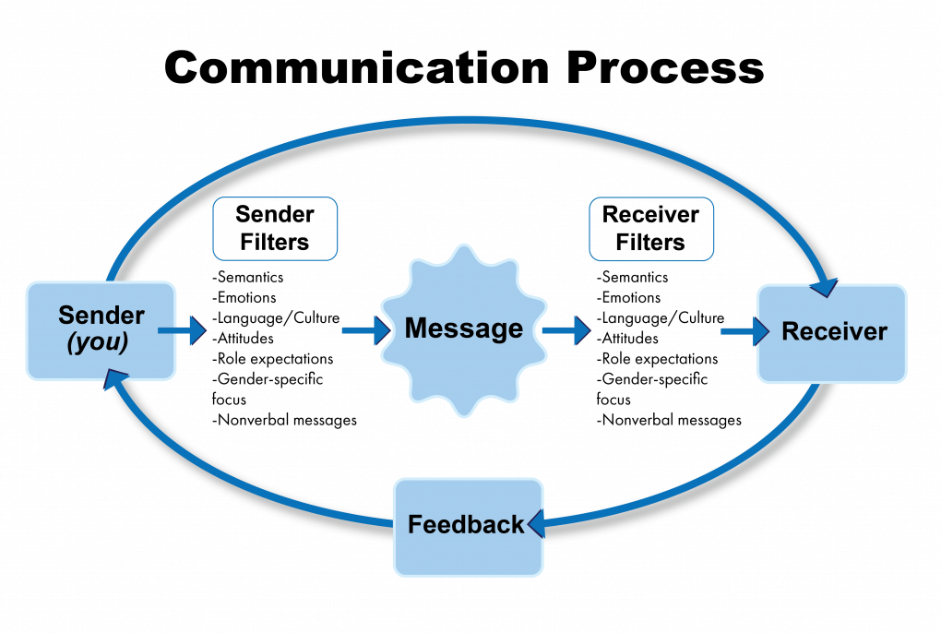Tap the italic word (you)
pos(98,343)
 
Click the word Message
pos(463,328)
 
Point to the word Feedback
pos(466,525)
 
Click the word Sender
pos(101,316)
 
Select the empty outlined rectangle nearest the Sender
pos(275,228)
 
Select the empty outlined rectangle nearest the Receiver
pos(651,228)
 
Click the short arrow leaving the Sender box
pos(182,330)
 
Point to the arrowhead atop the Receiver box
pos(824,286)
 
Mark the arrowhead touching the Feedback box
pos(535,524)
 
